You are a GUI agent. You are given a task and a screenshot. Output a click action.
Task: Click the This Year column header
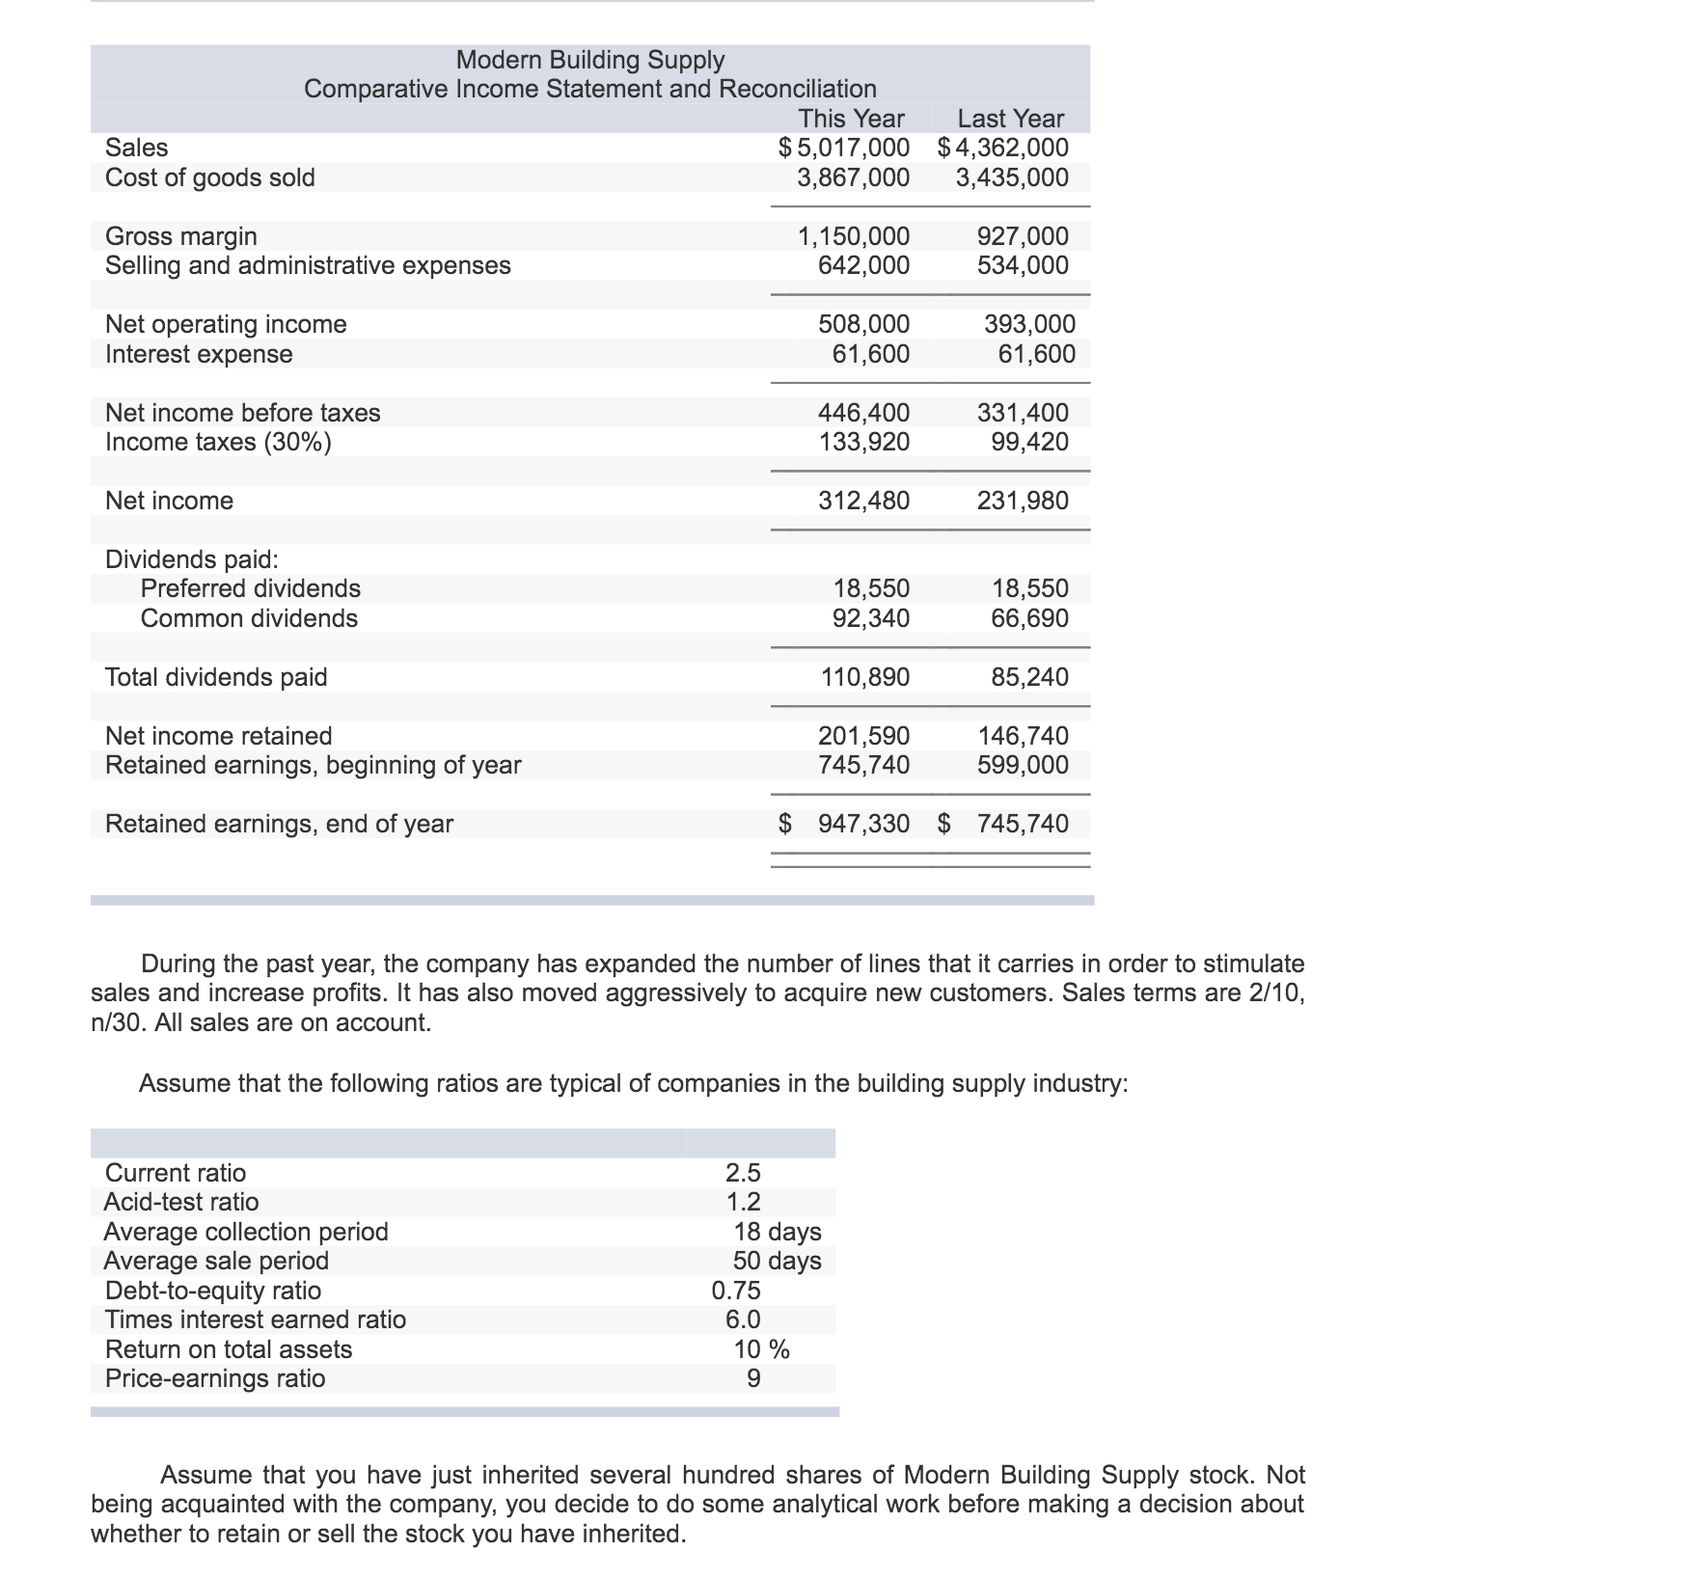[851, 119]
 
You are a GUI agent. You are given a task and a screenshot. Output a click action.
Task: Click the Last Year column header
[1010, 119]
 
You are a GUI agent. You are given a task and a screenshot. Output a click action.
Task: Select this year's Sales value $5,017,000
[844, 148]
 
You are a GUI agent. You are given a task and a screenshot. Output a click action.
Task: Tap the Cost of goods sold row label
[209, 177]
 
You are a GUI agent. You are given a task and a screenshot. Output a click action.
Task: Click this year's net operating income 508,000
[863, 324]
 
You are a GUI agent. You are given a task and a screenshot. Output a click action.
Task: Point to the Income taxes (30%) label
[218, 442]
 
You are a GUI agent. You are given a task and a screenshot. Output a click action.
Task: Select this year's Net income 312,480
[863, 501]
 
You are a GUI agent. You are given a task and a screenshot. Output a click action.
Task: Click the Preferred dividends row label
[250, 588]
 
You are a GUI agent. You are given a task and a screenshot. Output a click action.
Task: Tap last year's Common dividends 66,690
[1029, 618]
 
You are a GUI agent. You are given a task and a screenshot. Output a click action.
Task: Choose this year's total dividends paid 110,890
[864, 677]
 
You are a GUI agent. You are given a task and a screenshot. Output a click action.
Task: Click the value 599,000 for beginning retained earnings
[1023, 765]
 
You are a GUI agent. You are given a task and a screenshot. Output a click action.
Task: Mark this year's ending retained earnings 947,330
[863, 824]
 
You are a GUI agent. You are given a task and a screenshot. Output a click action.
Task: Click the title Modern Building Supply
[589, 60]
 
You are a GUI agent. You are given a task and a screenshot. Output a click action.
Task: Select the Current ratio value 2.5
[743, 1173]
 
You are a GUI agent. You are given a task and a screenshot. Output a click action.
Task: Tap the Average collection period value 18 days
[777, 1232]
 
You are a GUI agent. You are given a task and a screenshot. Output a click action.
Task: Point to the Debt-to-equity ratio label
[212, 1291]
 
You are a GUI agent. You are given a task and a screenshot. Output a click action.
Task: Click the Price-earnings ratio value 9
[753, 1378]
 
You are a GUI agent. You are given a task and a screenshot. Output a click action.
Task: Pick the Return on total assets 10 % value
[761, 1349]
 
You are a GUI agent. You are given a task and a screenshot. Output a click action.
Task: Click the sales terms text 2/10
[1276, 993]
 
